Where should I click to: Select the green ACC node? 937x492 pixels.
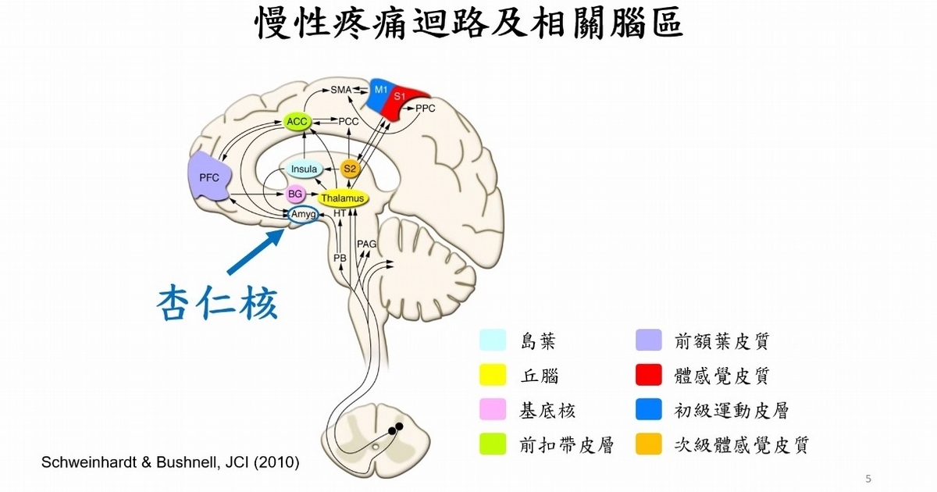pyautogui.click(x=297, y=122)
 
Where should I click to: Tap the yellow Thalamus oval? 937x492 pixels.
pyautogui.click(x=341, y=199)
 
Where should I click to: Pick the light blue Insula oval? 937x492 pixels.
pyautogui.click(x=304, y=169)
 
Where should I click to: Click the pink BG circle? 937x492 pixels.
pyautogui.click(x=295, y=194)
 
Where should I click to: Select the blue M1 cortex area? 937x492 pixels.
pyautogui.click(x=380, y=93)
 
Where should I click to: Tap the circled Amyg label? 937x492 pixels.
pyautogui.click(x=303, y=214)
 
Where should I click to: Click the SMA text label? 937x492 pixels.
pyautogui.click(x=341, y=90)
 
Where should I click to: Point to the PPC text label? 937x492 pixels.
pyautogui.click(x=426, y=109)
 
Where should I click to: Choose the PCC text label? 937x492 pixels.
pyautogui.click(x=348, y=122)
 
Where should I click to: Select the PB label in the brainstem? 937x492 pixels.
pyautogui.click(x=339, y=258)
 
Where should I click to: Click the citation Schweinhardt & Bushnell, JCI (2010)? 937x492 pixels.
pyautogui.click(x=169, y=462)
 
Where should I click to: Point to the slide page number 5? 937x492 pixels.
pyautogui.click(x=868, y=478)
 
